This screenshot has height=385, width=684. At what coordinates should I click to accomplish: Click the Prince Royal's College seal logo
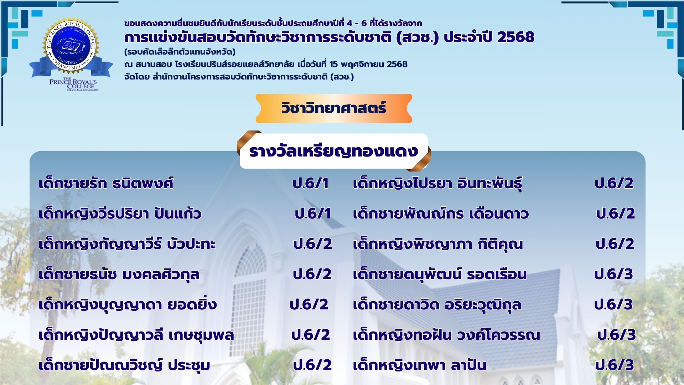(71, 53)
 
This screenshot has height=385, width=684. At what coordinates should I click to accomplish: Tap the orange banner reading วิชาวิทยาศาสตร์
(334, 108)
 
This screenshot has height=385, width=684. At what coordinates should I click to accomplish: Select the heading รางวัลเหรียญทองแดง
(333, 151)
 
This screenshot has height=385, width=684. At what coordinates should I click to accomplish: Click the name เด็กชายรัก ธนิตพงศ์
(106, 183)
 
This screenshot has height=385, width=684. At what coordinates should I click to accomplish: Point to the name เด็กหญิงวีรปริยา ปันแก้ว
(120, 214)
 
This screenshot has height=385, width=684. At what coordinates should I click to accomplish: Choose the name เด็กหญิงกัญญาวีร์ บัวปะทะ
(127, 244)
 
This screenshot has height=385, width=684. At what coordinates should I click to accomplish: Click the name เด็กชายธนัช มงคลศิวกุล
(119, 274)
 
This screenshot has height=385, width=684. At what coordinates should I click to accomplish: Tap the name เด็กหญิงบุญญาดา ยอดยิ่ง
(128, 305)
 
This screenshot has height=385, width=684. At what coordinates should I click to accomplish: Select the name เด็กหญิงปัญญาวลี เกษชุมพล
(136, 335)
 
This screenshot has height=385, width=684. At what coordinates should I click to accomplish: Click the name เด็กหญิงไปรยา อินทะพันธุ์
(437, 183)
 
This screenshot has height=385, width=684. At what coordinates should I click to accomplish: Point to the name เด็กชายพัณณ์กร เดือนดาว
(441, 214)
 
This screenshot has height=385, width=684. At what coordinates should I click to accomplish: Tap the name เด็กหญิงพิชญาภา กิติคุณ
(438, 244)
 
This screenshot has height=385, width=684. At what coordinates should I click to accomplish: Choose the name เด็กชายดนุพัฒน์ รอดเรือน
(440, 274)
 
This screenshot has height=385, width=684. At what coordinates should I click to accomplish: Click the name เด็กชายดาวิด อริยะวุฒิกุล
(437, 305)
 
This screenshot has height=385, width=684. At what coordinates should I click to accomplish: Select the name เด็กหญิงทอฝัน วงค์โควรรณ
(446, 335)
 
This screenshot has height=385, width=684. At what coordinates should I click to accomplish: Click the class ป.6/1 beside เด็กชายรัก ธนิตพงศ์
(311, 183)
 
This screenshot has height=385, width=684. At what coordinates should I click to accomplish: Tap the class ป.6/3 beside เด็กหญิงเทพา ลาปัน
(615, 365)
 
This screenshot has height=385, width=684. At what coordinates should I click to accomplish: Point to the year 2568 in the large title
(516, 37)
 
